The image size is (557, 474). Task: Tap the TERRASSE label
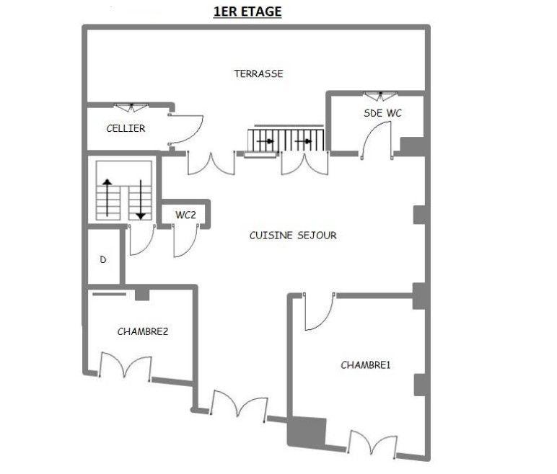pyautogui.click(x=258, y=73)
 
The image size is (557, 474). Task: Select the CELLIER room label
pyautogui.click(x=126, y=128)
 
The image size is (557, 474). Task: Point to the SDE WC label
pyautogui.click(x=382, y=113)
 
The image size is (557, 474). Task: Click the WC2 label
pyautogui.click(x=185, y=215)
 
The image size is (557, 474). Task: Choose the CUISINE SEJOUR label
pyautogui.click(x=293, y=236)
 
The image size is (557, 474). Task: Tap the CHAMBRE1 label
pyautogui.click(x=365, y=365)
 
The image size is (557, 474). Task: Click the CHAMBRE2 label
pyautogui.click(x=143, y=331)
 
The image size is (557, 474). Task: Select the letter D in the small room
pyautogui.click(x=103, y=259)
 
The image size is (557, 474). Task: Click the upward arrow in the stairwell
pyautogui.click(x=108, y=199)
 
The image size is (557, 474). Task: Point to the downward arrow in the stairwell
pyautogui.click(x=141, y=199)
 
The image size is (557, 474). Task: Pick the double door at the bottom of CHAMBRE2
pyautogui.click(x=125, y=367)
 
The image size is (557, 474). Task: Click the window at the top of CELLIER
pyautogui.click(x=131, y=107)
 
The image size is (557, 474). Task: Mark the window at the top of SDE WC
pyautogui.click(x=379, y=96)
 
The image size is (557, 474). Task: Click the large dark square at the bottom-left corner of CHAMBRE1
pyautogui.click(x=307, y=432)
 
